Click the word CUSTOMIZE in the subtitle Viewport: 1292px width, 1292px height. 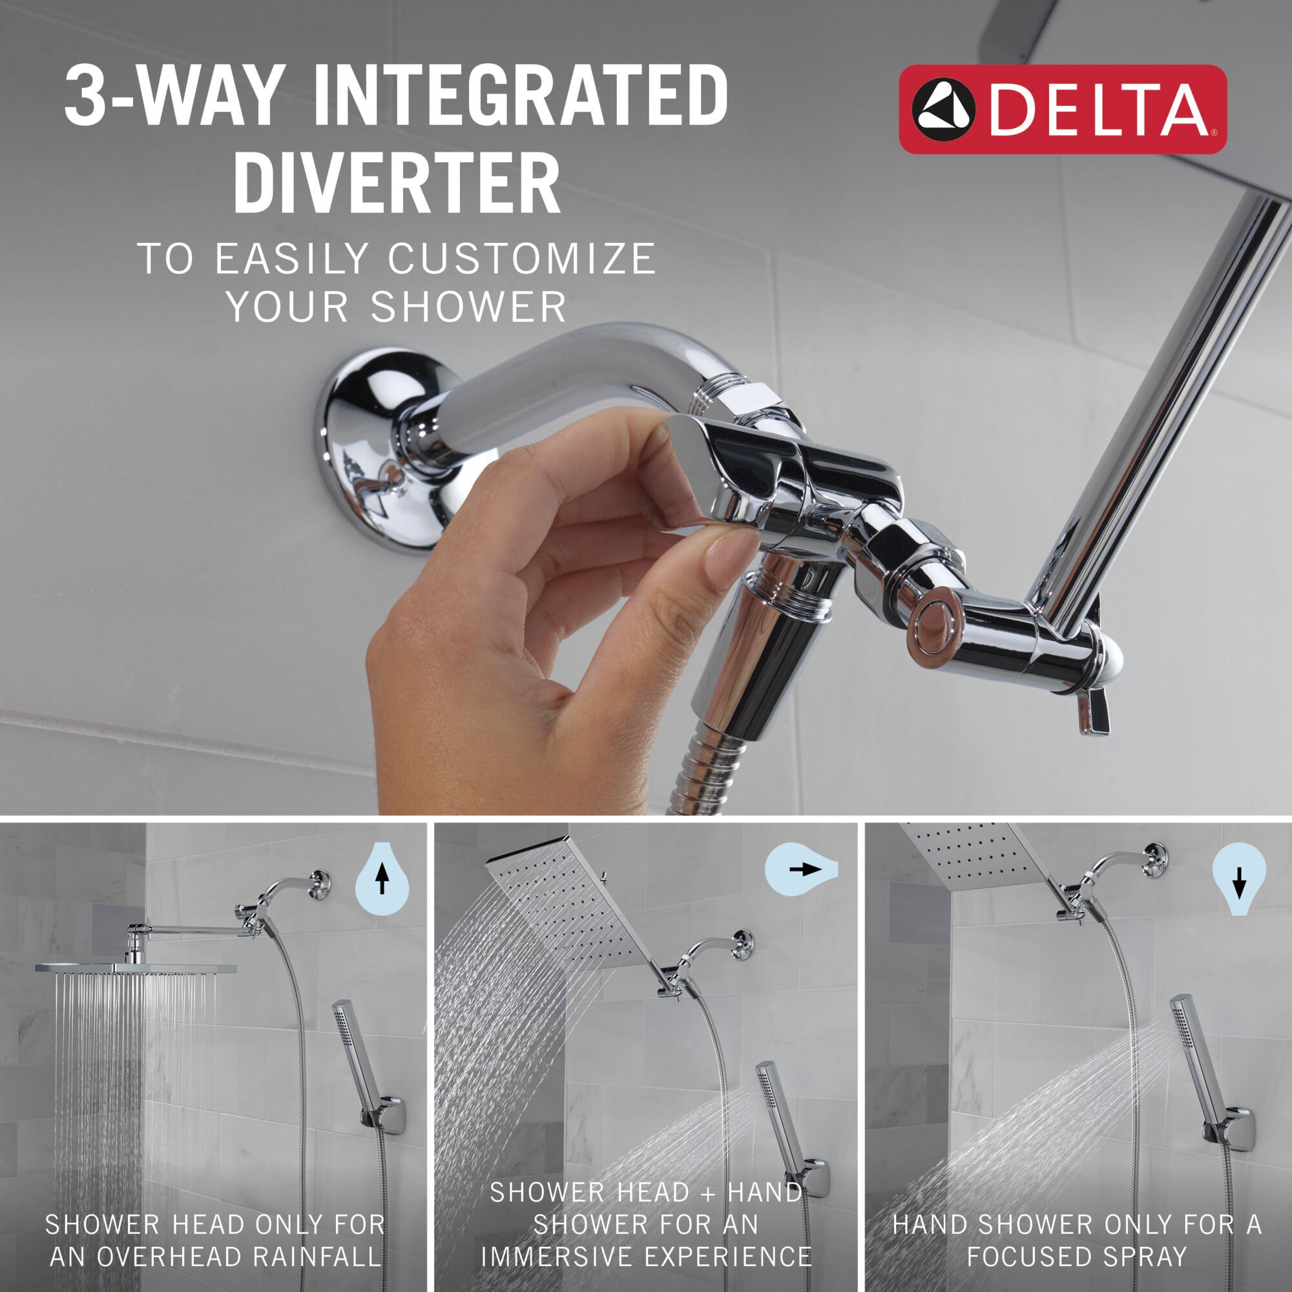tap(521, 259)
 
